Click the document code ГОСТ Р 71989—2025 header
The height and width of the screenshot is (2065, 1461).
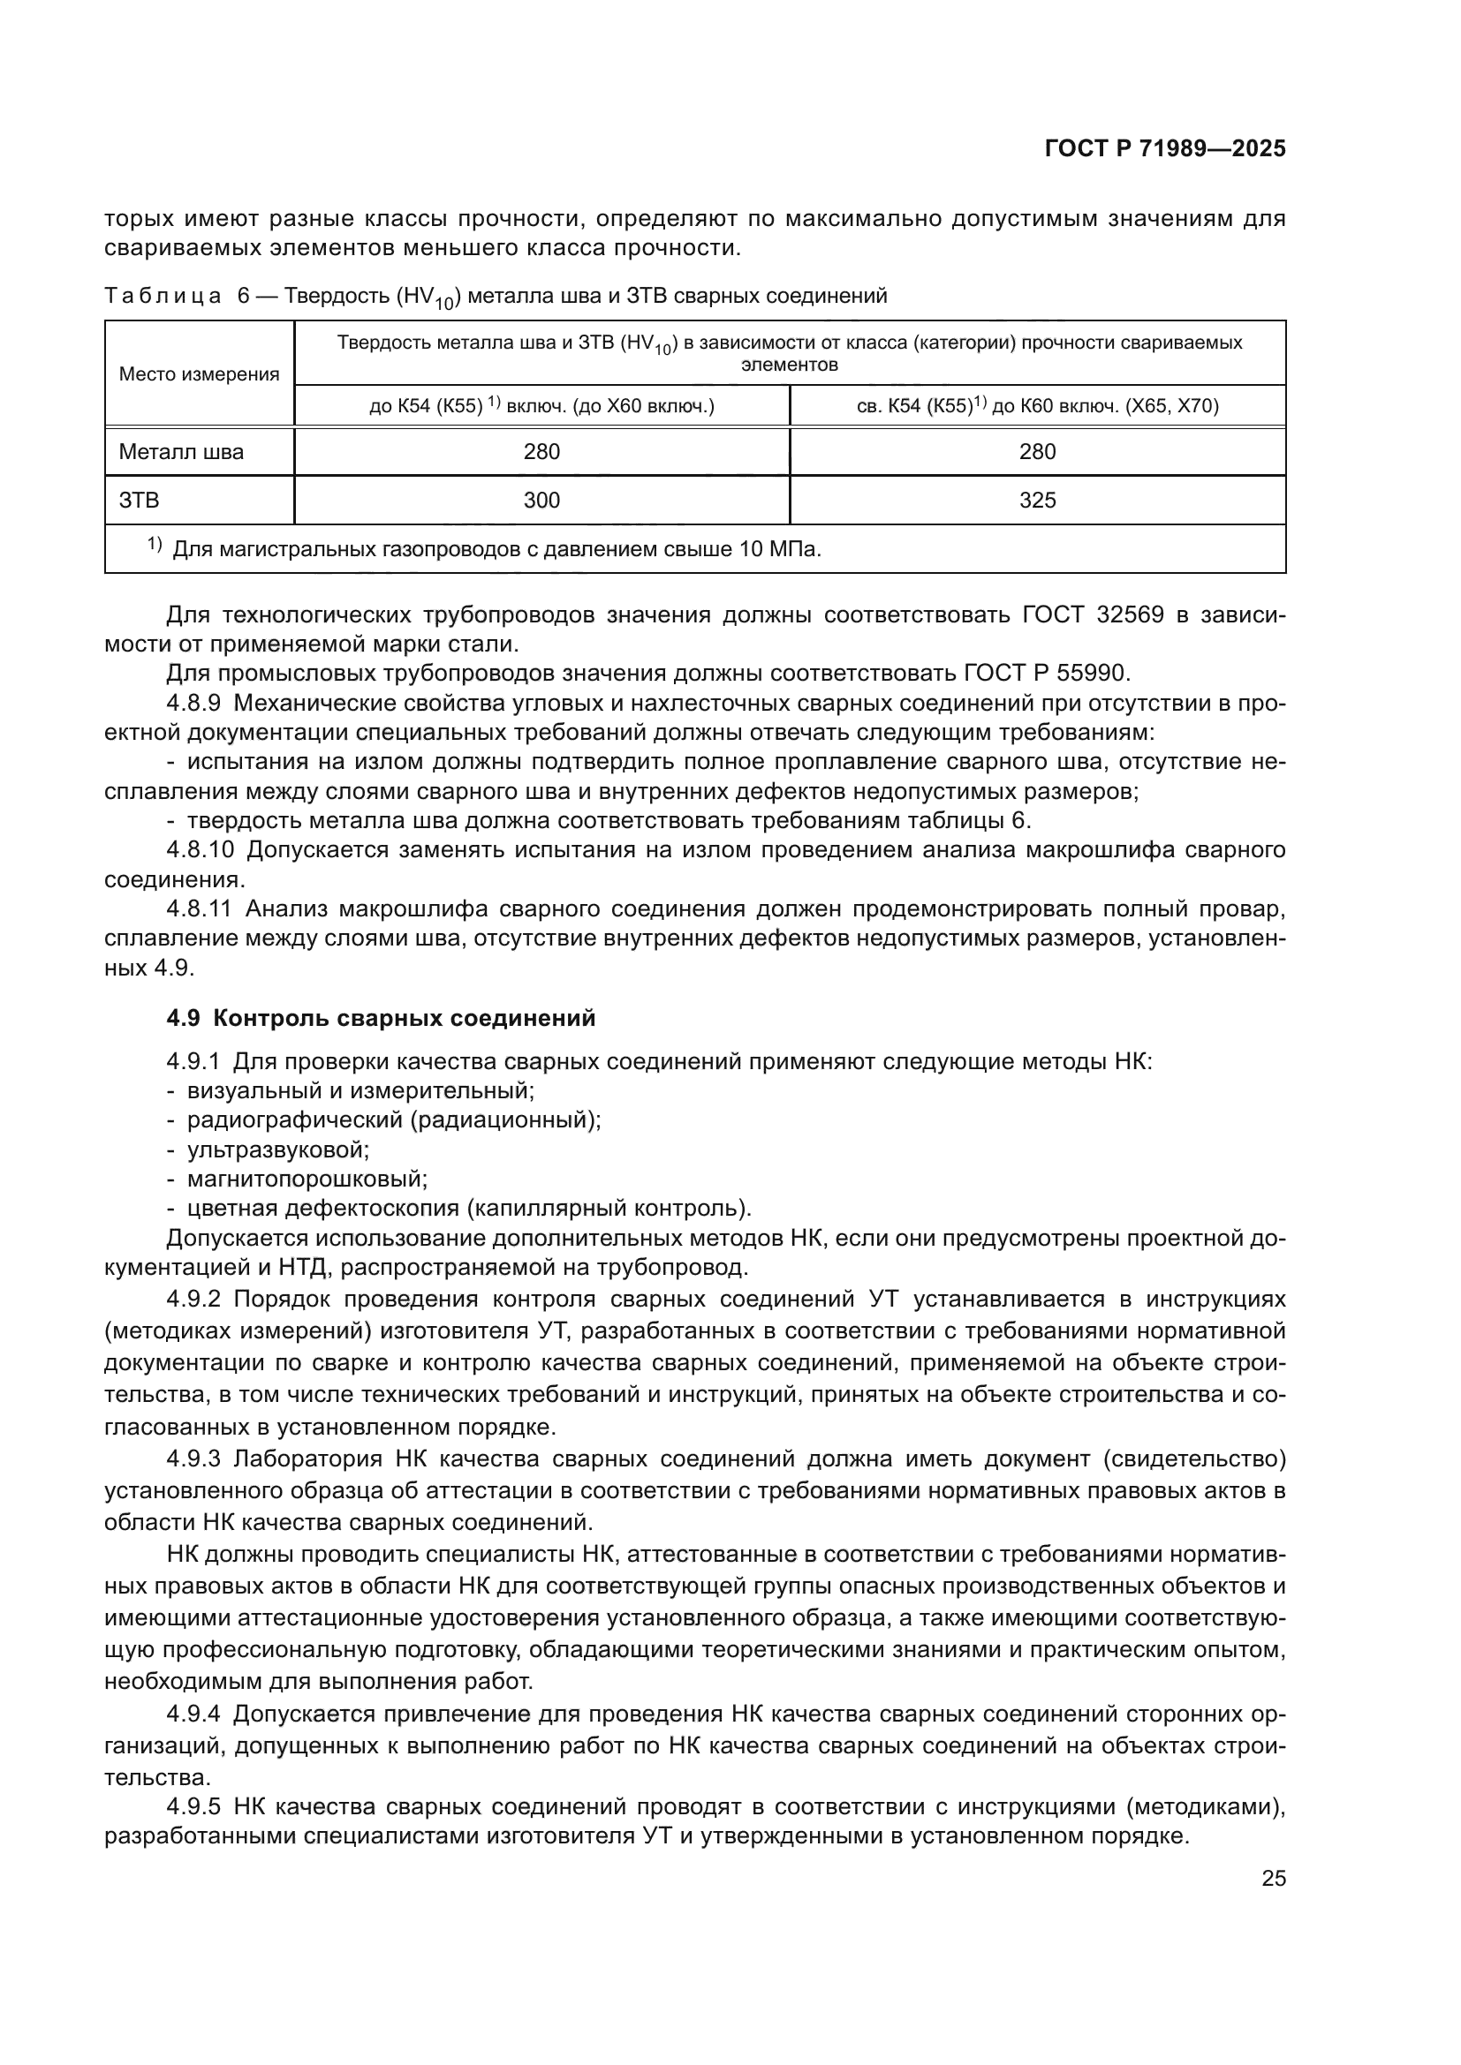1164,149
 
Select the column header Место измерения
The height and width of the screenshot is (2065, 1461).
199,374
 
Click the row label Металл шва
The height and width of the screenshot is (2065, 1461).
181,452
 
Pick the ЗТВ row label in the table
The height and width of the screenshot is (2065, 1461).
140,501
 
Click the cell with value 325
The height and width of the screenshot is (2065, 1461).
1036,501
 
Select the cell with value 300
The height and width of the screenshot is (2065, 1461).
541,501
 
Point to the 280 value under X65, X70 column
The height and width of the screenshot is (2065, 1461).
1036,452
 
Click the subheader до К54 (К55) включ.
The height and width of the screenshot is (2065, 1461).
541,406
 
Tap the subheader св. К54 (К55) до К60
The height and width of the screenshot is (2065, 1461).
1036,406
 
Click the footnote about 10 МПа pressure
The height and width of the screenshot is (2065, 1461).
495,549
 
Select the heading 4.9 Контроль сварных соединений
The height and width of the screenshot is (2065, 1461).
381,1018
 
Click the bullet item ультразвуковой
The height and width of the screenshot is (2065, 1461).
278,1149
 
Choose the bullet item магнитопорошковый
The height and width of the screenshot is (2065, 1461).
307,1179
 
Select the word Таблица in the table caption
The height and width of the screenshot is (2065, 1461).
163,297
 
